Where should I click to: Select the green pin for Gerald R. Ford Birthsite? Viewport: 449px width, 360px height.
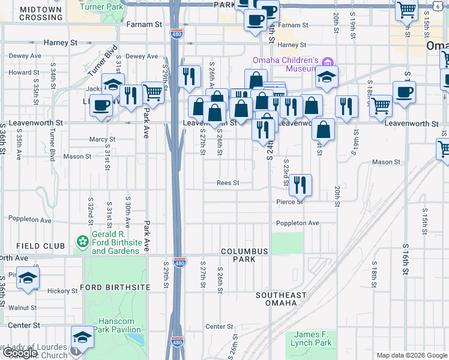coord(82,241)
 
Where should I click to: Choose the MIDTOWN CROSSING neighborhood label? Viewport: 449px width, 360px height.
coord(40,14)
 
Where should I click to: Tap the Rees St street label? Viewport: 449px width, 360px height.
coord(228,183)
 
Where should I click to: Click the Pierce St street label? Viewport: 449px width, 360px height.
coord(289,202)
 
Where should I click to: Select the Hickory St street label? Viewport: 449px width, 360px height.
coord(63,291)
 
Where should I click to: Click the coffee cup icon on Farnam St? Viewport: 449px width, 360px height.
coord(255,19)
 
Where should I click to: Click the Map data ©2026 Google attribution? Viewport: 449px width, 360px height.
coord(411,355)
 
